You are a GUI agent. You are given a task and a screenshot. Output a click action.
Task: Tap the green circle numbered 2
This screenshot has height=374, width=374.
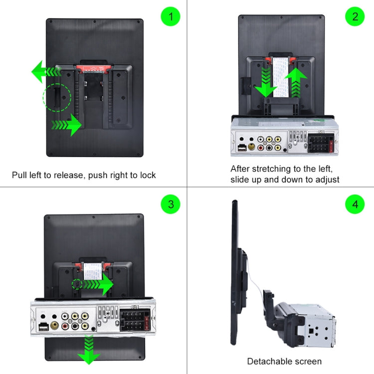click(x=355, y=16)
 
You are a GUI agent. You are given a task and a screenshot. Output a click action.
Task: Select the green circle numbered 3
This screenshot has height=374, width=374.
click(x=170, y=204)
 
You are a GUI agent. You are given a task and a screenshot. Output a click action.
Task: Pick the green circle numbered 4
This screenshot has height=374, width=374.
click(x=355, y=204)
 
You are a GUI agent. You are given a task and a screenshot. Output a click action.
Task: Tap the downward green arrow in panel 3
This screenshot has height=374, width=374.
click(x=89, y=350)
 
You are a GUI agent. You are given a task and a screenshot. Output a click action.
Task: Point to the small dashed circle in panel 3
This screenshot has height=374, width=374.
click(x=76, y=284)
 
